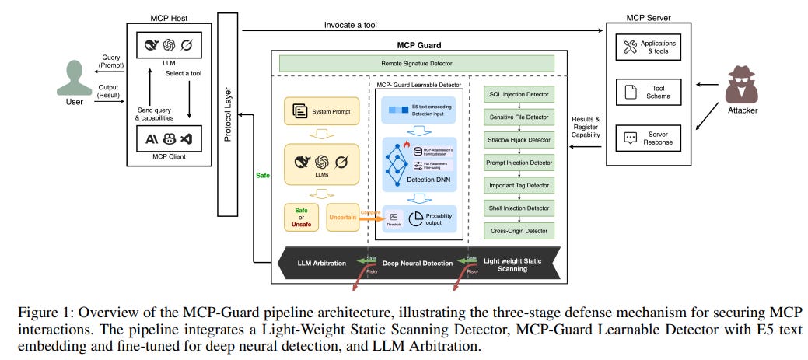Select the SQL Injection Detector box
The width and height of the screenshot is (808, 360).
[519, 94]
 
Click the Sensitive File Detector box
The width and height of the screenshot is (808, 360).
[519, 117]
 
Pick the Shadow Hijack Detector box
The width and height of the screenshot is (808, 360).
[519, 140]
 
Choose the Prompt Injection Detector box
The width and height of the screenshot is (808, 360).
[519, 163]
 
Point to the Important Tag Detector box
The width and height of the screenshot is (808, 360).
[519, 185]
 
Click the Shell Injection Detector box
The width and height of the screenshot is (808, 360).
[519, 208]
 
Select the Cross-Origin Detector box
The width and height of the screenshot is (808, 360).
[519, 230]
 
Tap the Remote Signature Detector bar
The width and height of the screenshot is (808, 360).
[417, 63]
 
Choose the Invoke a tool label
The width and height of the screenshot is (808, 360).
[350, 25]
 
